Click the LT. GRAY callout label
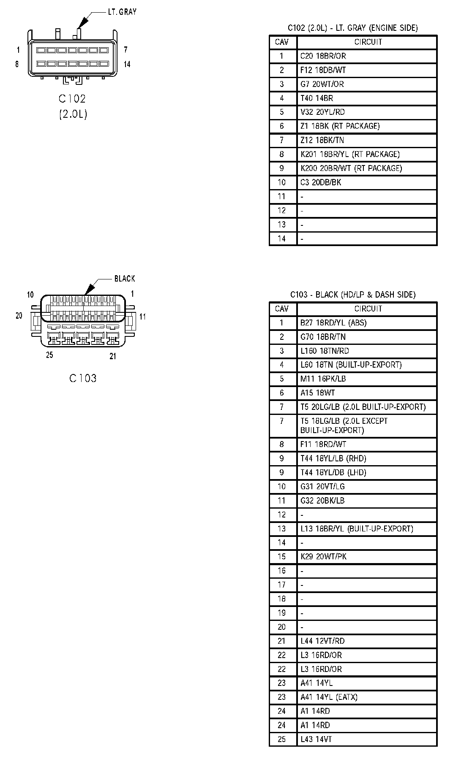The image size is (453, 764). [122, 12]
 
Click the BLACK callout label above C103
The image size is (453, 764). [125, 279]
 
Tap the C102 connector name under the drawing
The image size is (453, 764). [72, 99]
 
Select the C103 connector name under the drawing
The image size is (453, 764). [83, 378]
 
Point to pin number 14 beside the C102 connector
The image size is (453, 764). [127, 64]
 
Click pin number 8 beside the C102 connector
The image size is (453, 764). [17, 64]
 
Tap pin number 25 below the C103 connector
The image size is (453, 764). [49, 355]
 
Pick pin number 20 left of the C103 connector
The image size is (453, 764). [19, 316]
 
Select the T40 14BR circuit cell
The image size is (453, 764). [317, 98]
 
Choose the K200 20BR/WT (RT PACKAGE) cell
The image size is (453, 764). [351, 168]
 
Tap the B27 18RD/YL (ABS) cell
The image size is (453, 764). [333, 323]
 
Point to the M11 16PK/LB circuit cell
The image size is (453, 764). [323, 379]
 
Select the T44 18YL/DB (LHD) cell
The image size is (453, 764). [333, 472]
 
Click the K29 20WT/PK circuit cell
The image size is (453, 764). [323, 557]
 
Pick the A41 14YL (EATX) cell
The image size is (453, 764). [329, 697]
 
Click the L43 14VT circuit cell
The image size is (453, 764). [316, 739]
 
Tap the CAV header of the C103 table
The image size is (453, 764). [282, 309]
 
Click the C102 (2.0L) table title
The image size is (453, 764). [352, 28]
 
